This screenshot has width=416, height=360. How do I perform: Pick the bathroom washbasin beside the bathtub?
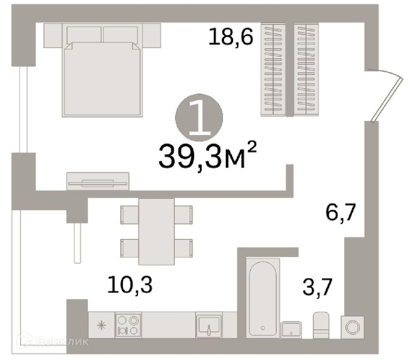(291, 329)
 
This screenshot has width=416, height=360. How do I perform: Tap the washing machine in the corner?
(353, 326)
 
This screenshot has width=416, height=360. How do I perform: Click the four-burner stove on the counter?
(128, 325)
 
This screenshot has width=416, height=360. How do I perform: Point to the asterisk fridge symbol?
(101, 325)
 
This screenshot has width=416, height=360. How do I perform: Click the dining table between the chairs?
(156, 231)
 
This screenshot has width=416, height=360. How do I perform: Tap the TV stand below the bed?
(98, 182)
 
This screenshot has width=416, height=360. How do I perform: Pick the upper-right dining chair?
(184, 214)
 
